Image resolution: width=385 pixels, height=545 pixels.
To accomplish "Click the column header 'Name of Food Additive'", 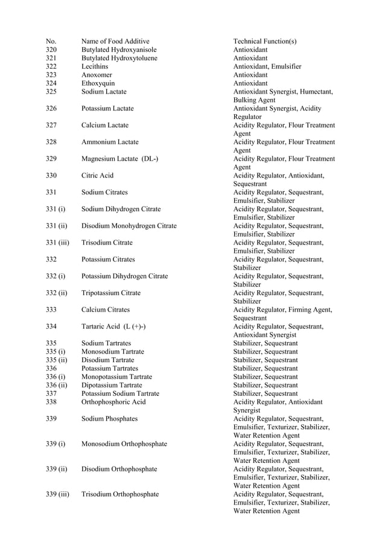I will (x=115, y=41).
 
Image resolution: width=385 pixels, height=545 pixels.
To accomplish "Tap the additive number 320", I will (x=51, y=49).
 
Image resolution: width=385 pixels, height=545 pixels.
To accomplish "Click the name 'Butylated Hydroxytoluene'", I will (x=119, y=58).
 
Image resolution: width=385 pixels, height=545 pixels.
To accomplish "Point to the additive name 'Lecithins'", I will (x=95, y=66).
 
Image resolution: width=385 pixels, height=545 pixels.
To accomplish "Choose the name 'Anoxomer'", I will (x=97, y=75).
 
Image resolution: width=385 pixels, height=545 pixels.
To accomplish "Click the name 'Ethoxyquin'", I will (x=98, y=83).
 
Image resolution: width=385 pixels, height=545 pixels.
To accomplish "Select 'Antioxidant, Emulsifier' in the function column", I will (x=267, y=66).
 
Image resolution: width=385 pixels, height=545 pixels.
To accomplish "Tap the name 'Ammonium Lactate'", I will (x=110, y=142).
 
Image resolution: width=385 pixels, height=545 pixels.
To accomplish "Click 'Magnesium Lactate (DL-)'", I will (x=120, y=159).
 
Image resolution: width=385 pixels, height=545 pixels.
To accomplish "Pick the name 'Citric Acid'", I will (x=97, y=176).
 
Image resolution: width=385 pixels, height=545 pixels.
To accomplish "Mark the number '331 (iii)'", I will (x=57, y=243).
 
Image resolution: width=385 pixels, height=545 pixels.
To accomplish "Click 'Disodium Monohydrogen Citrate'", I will (x=129, y=226).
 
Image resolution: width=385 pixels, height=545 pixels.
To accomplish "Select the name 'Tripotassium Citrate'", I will (x=111, y=293).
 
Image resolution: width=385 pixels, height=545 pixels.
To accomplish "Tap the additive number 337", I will (x=51, y=394).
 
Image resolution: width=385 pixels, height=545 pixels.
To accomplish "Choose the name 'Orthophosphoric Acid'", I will (x=113, y=402).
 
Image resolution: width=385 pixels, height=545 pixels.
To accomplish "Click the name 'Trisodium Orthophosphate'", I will (x=120, y=494).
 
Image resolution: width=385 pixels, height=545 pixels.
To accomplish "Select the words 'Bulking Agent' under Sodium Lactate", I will (x=254, y=100).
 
